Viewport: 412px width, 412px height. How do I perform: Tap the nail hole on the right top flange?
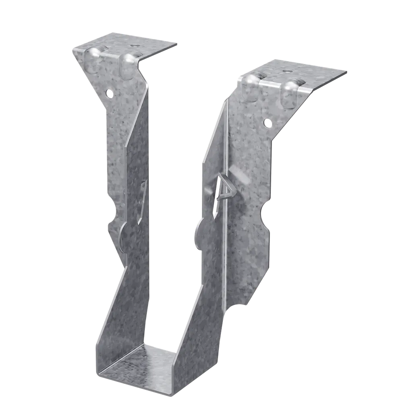click(286, 71)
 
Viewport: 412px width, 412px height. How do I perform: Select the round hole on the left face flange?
click(109, 93)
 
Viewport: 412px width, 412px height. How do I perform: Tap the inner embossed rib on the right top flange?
click(251, 86)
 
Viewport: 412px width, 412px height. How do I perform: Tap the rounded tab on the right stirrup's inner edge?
click(198, 235)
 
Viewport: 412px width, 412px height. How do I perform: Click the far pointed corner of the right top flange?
click(346, 72)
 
